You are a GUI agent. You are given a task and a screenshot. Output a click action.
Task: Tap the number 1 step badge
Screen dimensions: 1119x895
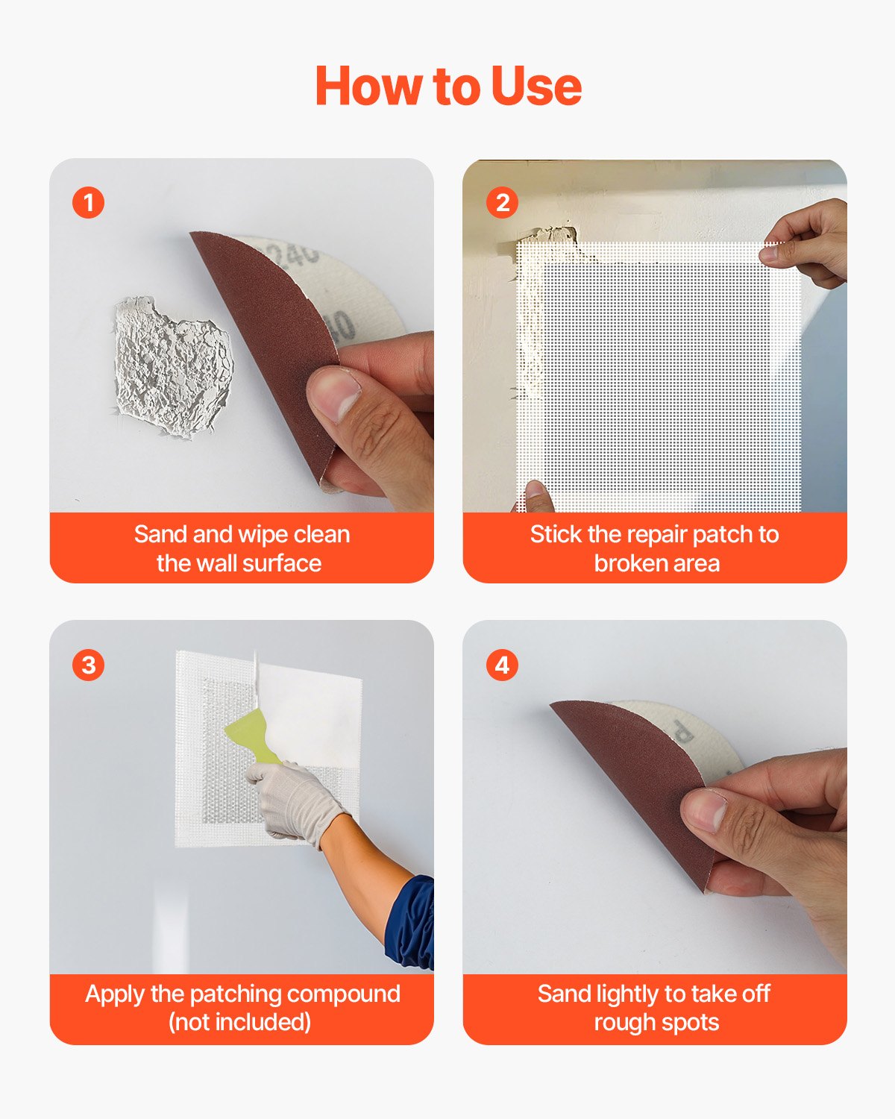[x=89, y=203]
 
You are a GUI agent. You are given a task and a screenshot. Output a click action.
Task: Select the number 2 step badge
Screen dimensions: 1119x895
[x=502, y=203]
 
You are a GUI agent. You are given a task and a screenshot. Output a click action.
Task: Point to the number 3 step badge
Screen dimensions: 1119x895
[x=89, y=665]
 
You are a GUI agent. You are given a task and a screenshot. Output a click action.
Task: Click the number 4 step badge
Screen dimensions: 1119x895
[x=502, y=665]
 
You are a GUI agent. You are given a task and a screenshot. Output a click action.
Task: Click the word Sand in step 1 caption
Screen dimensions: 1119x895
[x=160, y=534]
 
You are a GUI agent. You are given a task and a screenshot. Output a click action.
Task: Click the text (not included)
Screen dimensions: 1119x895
[x=239, y=1022]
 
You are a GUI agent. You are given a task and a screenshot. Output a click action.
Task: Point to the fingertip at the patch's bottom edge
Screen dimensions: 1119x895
[x=536, y=493]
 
